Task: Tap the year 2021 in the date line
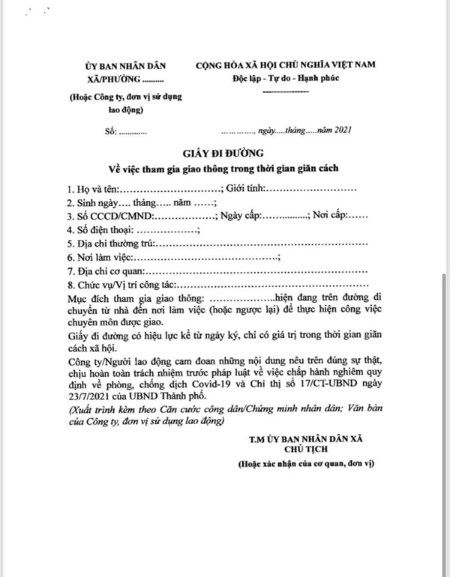(341, 132)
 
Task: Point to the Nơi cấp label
(330, 217)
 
